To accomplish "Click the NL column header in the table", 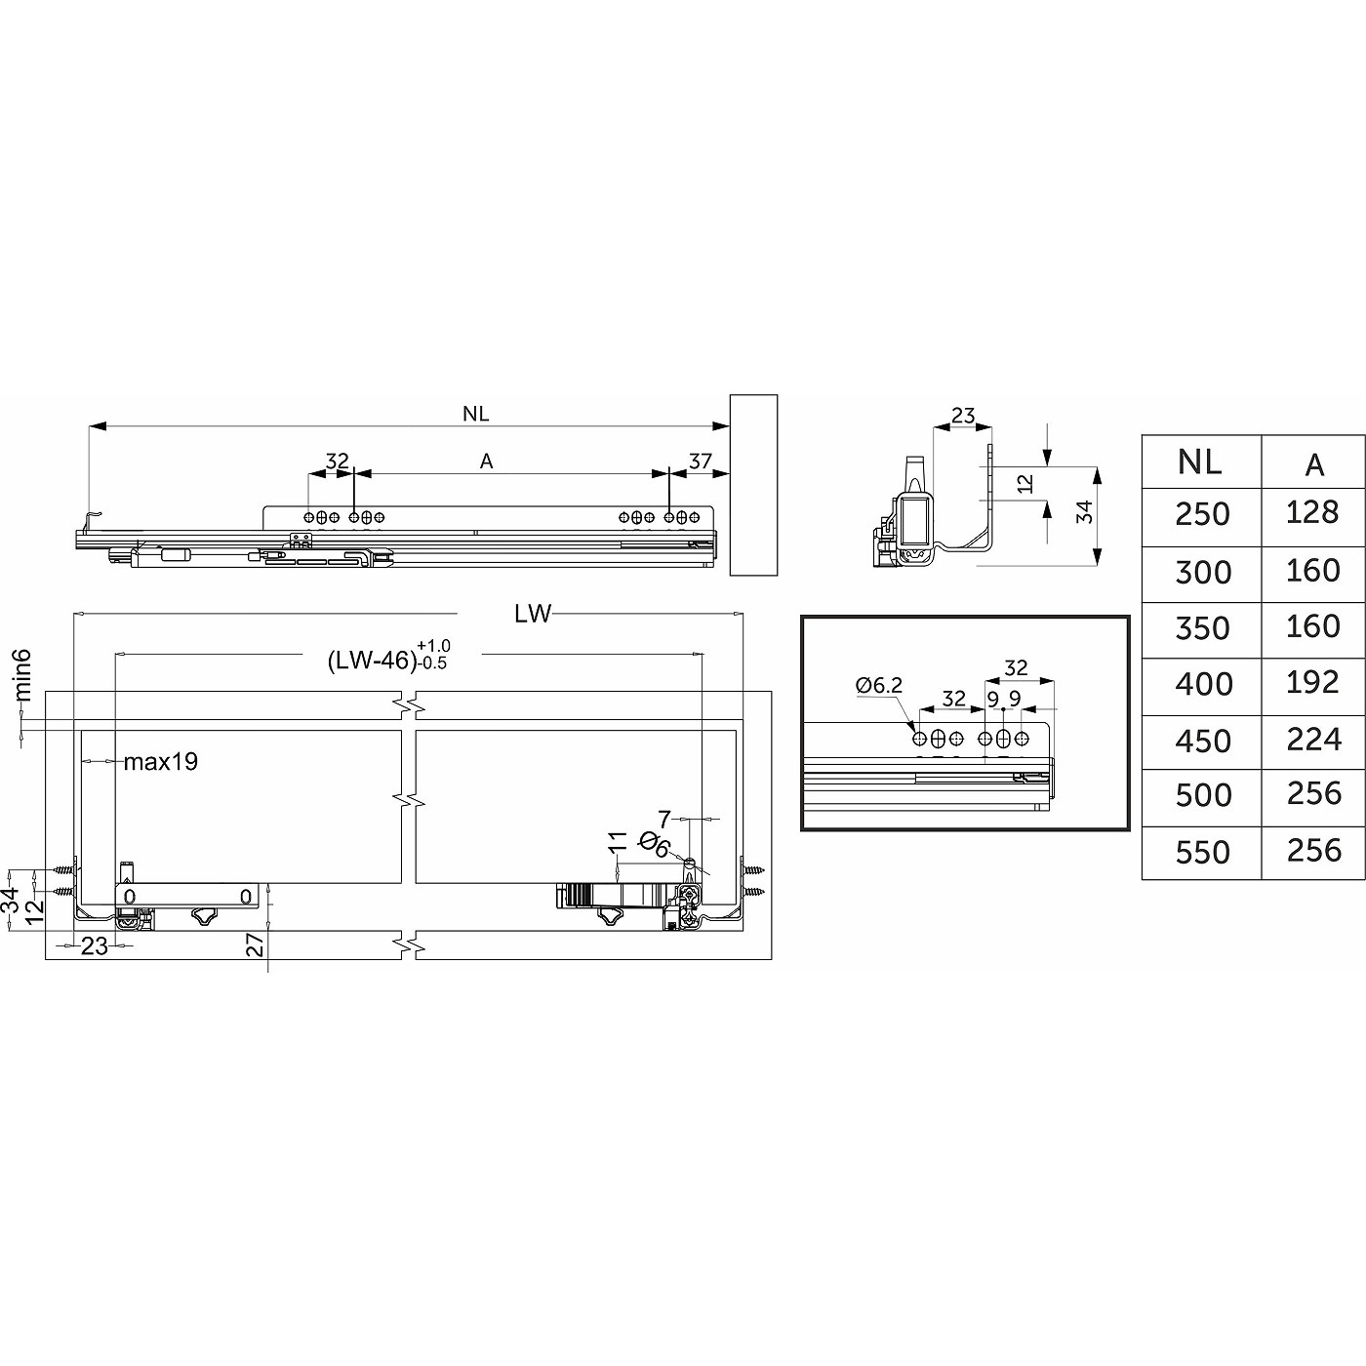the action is (1199, 462).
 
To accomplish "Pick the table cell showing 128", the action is (1312, 512).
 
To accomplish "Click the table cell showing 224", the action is (1313, 740).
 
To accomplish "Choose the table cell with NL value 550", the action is (1203, 853).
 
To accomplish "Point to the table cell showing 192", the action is (1312, 683).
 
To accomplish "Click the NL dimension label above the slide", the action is (475, 414).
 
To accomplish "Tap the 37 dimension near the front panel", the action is (700, 462).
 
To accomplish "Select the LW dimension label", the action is (533, 614).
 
